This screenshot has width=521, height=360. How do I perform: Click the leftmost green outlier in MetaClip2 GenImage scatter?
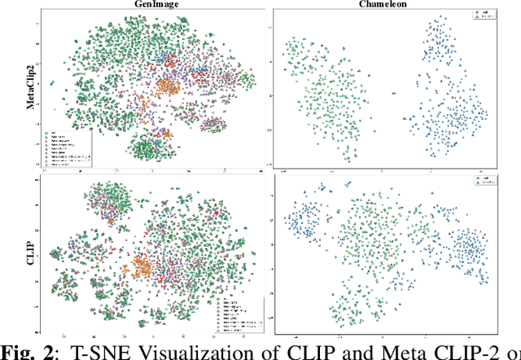pyautogui.click(x=52, y=82)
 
